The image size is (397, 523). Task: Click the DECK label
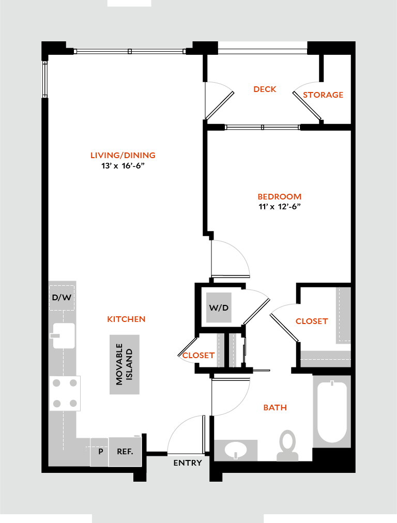[x=265, y=89]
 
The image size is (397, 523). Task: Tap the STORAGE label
[x=323, y=95]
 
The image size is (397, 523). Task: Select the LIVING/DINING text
[x=123, y=156]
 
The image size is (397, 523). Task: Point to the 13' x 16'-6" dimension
[x=123, y=166]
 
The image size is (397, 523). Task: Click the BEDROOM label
[x=280, y=197]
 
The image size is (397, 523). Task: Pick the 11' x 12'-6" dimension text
[x=280, y=207]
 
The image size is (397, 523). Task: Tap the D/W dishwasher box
[x=62, y=298]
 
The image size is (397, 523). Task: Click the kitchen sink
[x=63, y=335]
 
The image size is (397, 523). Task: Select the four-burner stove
[x=65, y=393]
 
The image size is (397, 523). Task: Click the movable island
[x=125, y=364]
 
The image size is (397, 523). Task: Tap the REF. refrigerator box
[x=125, y=452]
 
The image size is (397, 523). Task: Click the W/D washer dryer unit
[x=219, y=307]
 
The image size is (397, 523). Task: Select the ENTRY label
[x=188, y=463]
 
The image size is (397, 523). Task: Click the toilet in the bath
[x=287, y=445]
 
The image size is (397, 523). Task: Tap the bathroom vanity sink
[x=236, y=450]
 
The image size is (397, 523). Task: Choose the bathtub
[x=332, y=411]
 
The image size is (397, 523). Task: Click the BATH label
[x=275, y=408]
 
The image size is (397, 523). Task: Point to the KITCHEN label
[x=126, y=319]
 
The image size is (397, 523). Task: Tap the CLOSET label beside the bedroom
[x=312, y=321]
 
